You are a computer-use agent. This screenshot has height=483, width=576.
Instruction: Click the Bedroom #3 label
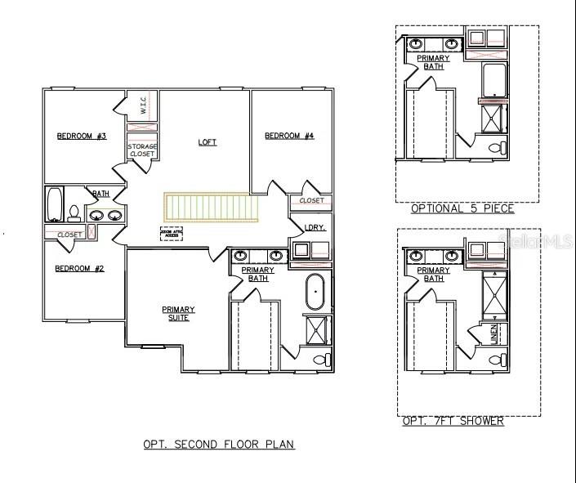coord(82,136)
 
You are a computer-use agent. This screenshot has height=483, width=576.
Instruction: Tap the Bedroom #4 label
coord(289,136)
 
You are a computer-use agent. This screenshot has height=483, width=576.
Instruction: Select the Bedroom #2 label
coord(79,269)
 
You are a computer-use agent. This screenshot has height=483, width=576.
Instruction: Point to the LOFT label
coord(208,142)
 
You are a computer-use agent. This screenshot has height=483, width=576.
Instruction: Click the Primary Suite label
coord(178,313)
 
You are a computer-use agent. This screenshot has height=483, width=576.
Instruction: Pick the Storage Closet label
coord(142,150)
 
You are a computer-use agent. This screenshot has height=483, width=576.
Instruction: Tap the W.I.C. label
coord(141,106)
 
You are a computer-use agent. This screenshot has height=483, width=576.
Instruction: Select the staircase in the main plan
coord(212,207)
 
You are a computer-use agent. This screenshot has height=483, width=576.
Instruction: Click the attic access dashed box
coord(172,234)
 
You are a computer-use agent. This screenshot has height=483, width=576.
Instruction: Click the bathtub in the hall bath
coord(55,205)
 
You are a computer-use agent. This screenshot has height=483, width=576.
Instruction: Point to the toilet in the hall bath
coord(74,213)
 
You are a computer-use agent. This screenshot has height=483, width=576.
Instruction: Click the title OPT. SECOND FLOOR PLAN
coord(218,445)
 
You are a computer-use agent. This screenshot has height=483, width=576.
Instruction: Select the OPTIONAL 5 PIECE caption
coord(462,208)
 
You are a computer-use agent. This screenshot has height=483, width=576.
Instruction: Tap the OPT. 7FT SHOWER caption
coord(453,422)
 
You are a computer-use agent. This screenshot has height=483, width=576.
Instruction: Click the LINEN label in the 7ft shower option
coord(493,333)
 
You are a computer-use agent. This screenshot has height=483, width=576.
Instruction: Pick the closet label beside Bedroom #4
coord(311,200)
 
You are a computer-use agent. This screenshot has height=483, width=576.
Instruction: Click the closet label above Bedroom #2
coord(69,235)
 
